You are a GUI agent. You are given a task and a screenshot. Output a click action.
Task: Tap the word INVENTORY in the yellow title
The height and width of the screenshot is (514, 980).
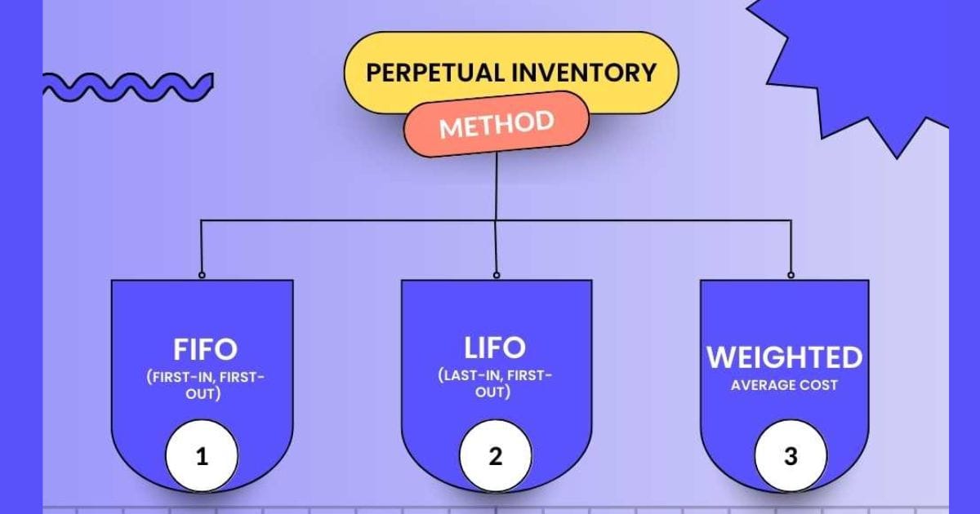(x=586, y=73)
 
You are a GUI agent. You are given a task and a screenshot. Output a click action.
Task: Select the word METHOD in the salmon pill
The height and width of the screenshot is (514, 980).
(x=497, y=125)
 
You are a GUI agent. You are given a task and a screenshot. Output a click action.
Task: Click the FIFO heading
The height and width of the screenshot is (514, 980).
(x=205, y=349)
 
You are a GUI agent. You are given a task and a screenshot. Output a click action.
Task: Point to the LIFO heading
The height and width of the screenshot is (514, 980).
(x=495, y=348)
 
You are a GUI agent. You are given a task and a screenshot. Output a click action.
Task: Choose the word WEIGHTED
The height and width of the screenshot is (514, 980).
(x=785, y=357)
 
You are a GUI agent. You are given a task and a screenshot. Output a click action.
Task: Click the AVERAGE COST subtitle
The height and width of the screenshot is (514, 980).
(x=784, y=385)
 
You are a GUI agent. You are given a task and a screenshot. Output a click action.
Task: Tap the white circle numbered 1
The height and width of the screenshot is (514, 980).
(x=202, y=456)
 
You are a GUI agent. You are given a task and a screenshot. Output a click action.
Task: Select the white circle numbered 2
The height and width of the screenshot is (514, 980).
(x=496, y=456)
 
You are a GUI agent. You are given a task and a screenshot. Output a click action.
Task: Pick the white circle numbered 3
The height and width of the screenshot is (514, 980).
(x=791, y=456)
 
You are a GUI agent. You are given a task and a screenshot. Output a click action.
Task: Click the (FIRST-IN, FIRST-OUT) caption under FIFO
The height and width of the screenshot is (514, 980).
(x=205, y=385)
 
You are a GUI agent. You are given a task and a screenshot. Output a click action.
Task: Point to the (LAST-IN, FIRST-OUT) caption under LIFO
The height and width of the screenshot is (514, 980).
(x=495, y=383)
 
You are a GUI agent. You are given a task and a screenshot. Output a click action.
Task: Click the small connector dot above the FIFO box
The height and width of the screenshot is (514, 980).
(x=202, y=275)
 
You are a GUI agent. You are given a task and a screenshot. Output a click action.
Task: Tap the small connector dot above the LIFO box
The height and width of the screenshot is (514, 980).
(x=497, y=275)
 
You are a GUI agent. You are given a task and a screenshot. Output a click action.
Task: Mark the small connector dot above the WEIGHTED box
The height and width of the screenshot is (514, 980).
(x=791, y=275)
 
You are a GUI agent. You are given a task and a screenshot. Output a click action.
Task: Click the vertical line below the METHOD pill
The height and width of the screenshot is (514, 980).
(x=497, y=187)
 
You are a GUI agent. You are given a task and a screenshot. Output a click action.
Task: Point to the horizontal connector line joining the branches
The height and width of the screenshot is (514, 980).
(x=497, y=220)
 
